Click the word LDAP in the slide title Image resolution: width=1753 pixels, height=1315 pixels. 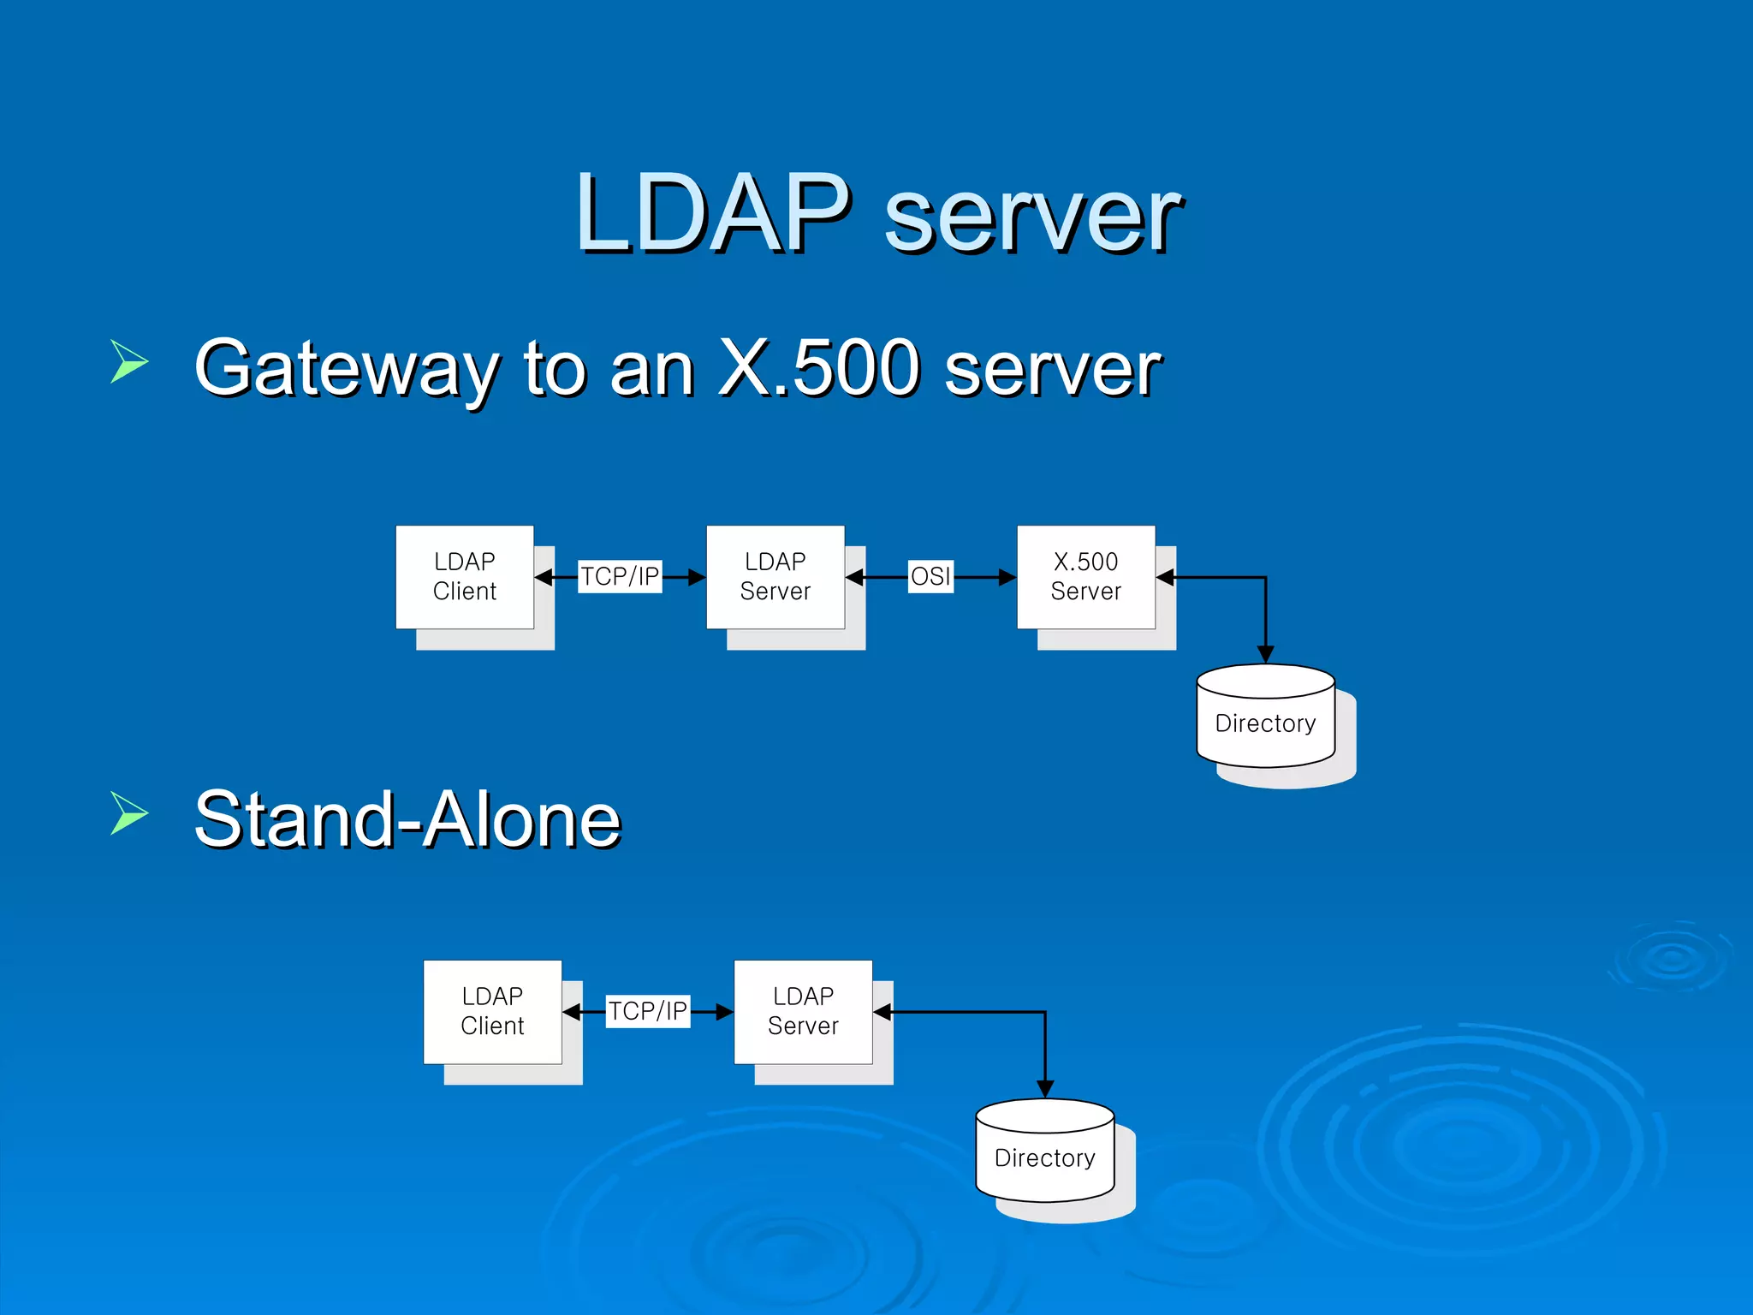pos(713,214)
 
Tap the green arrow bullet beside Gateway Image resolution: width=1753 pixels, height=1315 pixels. pos(129,360)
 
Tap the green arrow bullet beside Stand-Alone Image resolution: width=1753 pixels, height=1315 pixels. pos(129,812)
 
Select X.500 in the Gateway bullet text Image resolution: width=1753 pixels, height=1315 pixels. pos(818,368)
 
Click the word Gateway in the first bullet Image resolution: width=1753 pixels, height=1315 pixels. pos(346,370)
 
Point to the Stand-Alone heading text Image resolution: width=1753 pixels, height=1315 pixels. pos(407,820)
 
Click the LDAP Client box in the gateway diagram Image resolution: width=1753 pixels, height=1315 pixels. pos(465,577)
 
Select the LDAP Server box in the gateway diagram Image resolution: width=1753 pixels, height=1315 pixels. pos(775,577)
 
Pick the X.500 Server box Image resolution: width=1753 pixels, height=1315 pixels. pos(1085,577)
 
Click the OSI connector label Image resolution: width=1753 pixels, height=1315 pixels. pos(930,576)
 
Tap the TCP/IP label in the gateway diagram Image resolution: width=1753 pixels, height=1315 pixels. pos(620,576)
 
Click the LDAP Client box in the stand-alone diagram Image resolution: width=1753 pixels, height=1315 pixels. pos(492,1012)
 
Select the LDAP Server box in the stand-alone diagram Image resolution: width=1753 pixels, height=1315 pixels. pos(803,1012)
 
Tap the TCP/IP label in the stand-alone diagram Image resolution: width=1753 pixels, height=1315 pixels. pos(648,1011)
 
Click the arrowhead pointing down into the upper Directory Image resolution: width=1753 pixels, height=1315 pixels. pos(1265,654)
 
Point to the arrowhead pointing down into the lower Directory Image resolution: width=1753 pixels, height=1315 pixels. pos(1045,1089)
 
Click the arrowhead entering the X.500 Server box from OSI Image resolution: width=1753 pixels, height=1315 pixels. pos(1007,578)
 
